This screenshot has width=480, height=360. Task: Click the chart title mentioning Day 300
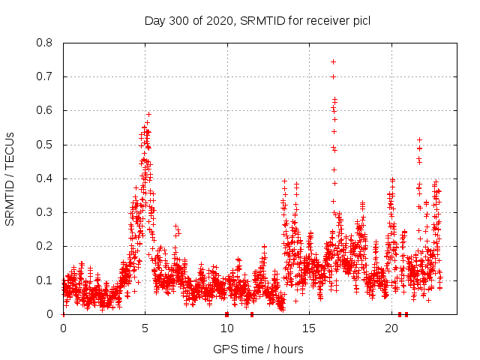[x=257, y=20]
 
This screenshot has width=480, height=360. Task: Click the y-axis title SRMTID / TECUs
[x=10, y=178]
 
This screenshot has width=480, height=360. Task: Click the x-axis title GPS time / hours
[x=257, y=349]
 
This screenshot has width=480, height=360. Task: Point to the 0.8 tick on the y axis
[x=46, y=43]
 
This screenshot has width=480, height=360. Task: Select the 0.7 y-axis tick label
[x=46, y=76]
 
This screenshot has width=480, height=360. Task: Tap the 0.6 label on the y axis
[x=46, y=110]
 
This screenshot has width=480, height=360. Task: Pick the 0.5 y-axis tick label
[x=46, y=145]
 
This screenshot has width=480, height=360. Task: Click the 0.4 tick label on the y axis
[x=46, y=178]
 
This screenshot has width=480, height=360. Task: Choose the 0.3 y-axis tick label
[x=46, y=212]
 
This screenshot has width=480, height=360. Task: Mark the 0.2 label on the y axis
[x=46, y=246]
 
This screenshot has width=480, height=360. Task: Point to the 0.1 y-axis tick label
[x=46, y=280]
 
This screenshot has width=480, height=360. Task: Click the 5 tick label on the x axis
[x=145, y=328]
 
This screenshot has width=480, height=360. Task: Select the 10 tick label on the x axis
[x=227, y=328]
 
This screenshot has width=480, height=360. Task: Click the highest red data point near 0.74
[x=333, y=61]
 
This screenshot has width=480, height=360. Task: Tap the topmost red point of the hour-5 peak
[x=148, y=114]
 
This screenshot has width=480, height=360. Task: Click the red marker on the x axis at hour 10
[x=226, y=314]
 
